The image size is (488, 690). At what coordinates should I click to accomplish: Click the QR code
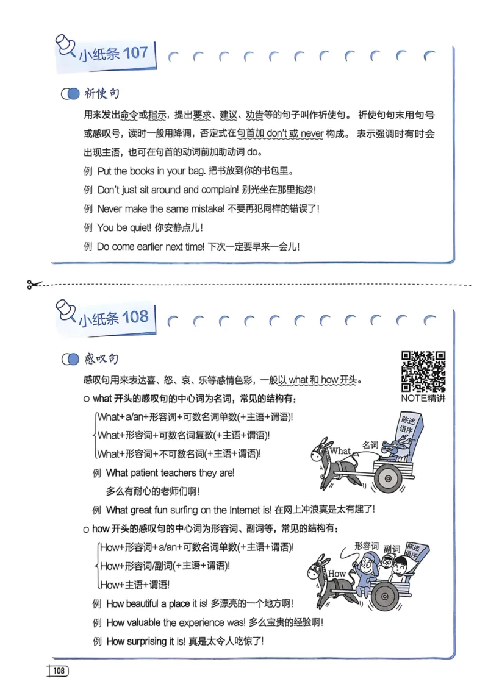click(x=423, y=371)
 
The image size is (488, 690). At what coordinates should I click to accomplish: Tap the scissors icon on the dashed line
click(x=34, y=284)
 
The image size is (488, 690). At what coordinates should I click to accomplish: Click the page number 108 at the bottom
click(x=59, y=671)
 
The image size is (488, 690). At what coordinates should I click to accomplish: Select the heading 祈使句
click(x=102, y=94)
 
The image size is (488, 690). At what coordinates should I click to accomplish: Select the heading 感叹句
click(x=102, y=359)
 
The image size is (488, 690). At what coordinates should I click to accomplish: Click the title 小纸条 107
click(x=113, y=54)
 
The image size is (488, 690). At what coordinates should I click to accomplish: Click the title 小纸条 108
click(x=113, y=318)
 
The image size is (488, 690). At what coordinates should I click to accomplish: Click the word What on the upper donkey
click(x=340, y=452)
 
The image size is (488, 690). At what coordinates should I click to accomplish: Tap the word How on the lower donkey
click(x=337, y=574)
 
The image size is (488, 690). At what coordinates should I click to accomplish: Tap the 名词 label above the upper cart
click(x=370, y=445)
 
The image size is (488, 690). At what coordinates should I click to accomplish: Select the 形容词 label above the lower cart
click(x=366, y=546)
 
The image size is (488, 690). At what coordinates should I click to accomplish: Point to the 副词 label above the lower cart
click(x=391, y=549)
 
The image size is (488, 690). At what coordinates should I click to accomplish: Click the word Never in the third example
click(x=110, y=208)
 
